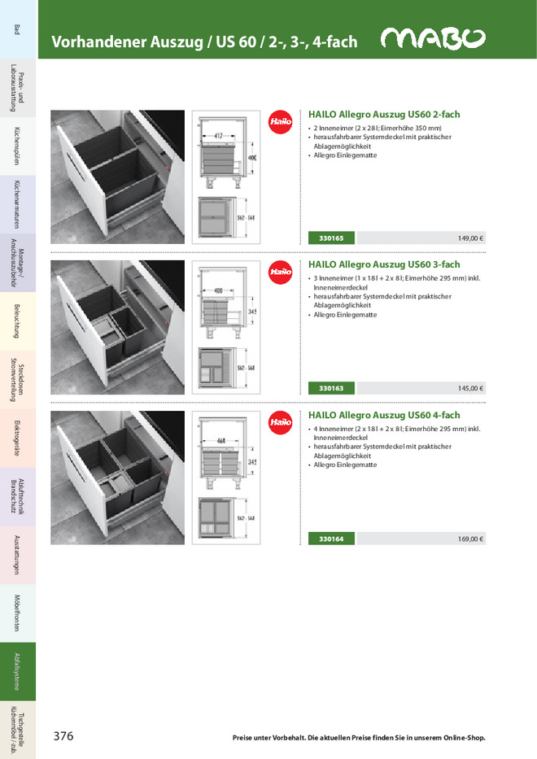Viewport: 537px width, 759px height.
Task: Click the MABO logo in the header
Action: pos(433,39)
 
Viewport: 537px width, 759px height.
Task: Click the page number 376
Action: pos(63,736)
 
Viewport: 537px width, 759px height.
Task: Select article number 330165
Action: pos(331,238)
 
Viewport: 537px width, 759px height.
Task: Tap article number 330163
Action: pos(331,388)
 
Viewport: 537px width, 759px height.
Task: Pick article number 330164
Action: pos(331,539)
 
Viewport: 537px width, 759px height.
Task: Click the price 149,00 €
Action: pos(470,238)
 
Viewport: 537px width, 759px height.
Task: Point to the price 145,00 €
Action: pos(470,388)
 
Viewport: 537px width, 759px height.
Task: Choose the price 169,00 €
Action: pos(470,539)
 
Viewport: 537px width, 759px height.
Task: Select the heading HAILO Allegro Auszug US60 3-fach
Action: pos(384,264)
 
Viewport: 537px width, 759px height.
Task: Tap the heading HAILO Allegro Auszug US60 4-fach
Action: pos(384,415)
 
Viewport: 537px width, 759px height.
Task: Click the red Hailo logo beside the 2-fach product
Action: pos(280,121)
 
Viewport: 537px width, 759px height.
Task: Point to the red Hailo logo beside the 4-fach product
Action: pos(280,421)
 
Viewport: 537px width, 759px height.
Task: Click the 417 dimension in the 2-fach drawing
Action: pos(220,135)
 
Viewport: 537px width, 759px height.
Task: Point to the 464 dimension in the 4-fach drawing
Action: pos(222,442)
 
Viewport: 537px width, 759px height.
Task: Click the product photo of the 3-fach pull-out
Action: pos(118,328)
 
